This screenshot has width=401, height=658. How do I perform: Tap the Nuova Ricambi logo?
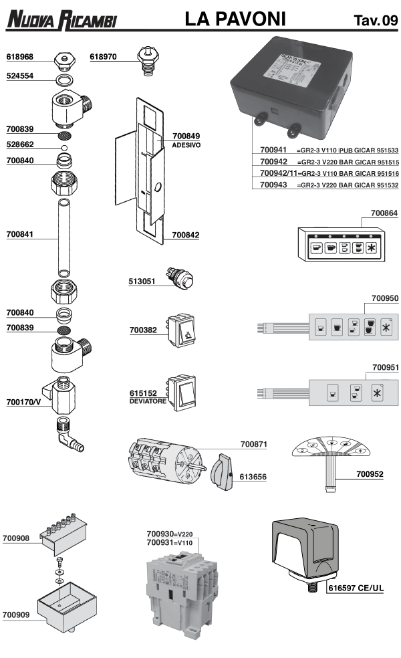tap(61, 21)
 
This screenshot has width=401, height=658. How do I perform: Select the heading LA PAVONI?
tap(241, 21)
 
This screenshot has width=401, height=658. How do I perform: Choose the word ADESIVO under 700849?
tap(186, 145)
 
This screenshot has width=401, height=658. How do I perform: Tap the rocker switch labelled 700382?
tap(183, 330)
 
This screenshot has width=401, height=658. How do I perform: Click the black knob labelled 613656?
tap(219, 475)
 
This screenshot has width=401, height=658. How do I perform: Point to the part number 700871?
tap(254, 444)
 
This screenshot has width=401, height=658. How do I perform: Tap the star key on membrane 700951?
tap(377, 392)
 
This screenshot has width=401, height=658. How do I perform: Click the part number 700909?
tap(19, 614)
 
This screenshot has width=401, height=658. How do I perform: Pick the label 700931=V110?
tap(170, 542)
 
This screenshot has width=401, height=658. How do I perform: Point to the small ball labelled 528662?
tap(64, 146)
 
